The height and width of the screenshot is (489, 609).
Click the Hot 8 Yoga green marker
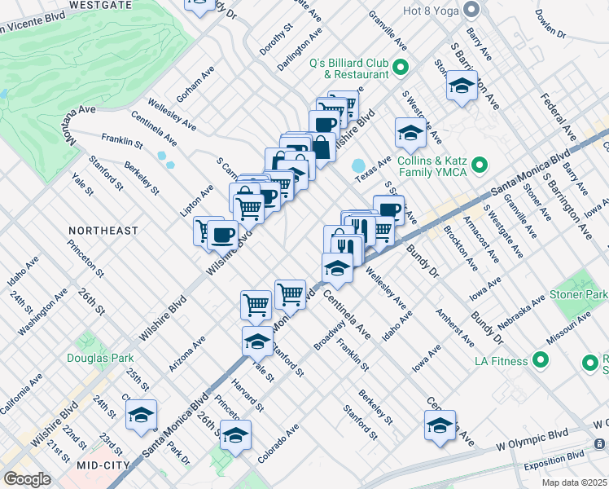pos(470,9)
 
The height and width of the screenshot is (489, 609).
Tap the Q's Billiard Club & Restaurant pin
pos(400,67)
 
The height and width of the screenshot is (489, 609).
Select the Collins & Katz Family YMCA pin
pos(480,166)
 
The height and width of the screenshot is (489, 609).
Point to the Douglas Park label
pos(102,356)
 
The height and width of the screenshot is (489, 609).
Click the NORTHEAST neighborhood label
pos(103,231)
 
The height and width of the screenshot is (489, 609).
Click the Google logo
pos(28,479)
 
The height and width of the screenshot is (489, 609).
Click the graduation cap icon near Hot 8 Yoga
pos(462,86)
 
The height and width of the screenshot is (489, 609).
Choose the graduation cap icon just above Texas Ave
pos(410,133)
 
